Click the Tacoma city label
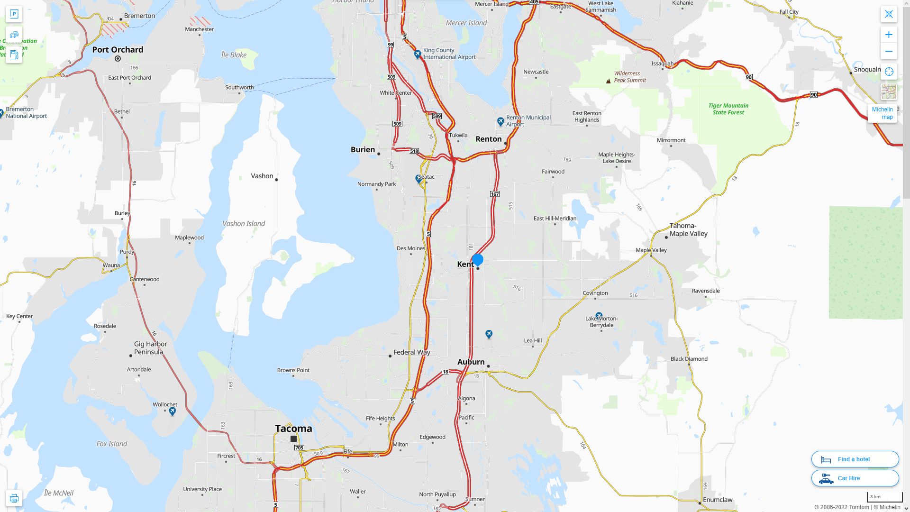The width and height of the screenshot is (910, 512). point(293,429)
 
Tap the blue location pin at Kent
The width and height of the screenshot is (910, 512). point(478,260)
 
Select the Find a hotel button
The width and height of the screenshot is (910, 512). point(855,459)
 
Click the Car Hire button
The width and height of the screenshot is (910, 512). point(855,478)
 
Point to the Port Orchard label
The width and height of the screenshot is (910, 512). point(118,50)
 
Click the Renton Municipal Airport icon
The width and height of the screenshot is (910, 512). point(500,122)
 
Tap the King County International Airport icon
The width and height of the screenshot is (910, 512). point(418,54)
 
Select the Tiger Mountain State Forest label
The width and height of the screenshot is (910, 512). point(728,109)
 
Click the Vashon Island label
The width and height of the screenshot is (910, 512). point(244,224)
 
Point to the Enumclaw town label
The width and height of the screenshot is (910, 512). point(718,500)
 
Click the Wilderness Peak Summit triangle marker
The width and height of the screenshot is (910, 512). point(609,81)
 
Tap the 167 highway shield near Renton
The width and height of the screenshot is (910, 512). point(495,194)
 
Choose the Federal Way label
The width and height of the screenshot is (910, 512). point(411,352)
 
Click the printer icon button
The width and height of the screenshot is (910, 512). point(14,498)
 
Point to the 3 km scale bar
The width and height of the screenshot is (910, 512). point(884,497)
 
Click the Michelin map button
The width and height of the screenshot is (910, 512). point(882,113)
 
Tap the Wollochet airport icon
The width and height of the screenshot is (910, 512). point(173,411)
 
